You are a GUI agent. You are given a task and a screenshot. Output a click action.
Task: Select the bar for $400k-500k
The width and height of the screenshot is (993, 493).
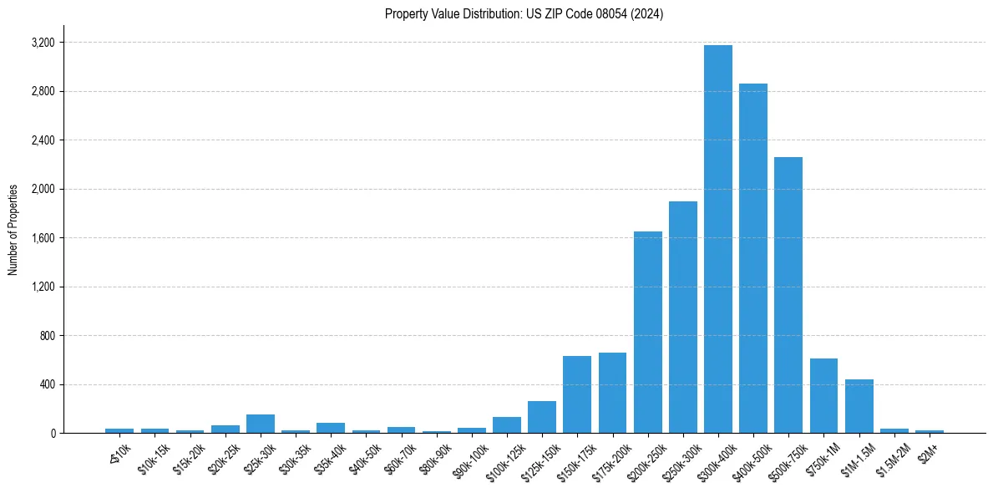pos(752,258)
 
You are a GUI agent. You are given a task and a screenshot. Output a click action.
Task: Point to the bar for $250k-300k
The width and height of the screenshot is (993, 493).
pos(682,318)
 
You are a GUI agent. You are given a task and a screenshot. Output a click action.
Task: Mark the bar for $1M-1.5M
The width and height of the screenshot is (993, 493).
pos(859,406)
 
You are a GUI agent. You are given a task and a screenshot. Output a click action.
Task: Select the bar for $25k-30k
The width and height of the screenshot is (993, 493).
pos(261,424)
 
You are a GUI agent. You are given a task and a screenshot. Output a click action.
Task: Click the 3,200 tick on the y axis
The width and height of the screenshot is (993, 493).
pos(43,43)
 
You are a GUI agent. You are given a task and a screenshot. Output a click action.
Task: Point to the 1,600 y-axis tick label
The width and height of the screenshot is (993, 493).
pos(43,238)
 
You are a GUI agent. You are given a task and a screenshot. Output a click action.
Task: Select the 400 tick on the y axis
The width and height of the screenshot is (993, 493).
pos(47,384)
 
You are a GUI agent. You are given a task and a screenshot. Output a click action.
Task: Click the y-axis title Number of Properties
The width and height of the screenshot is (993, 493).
pos(13,230)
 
